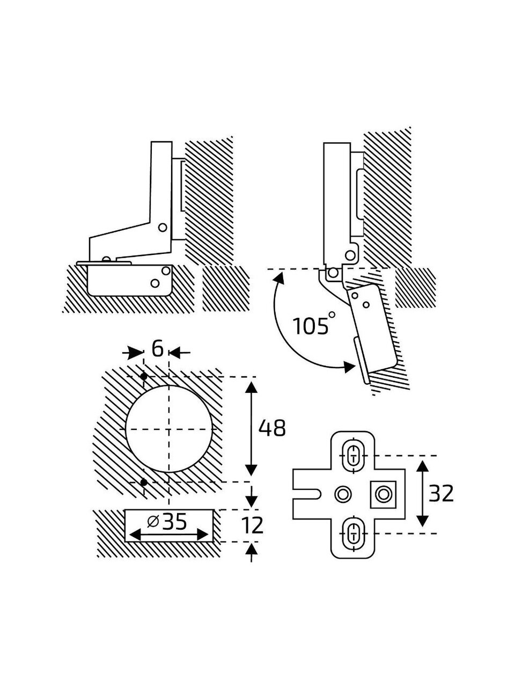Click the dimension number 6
157,349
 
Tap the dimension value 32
440,493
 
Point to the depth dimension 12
252,525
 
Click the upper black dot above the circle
144,377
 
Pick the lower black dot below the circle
144,483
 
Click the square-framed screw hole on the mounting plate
383,493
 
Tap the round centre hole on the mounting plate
342,493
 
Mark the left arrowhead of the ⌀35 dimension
131,535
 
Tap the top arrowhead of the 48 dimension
252,383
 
